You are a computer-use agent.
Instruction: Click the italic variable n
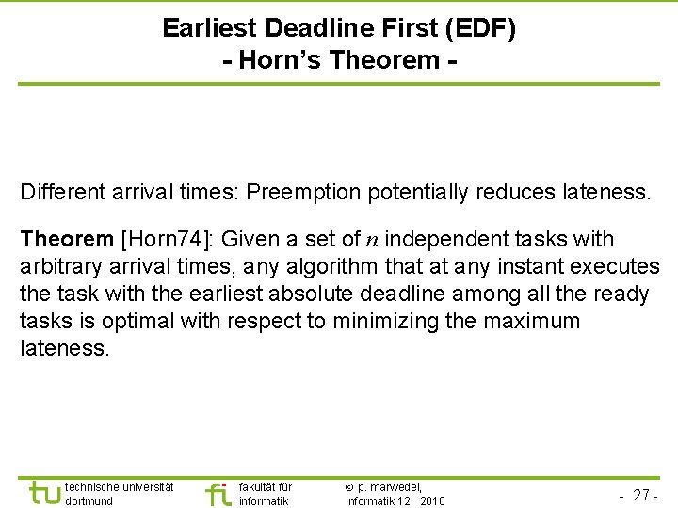coord(372,240)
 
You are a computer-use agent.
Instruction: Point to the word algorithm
coord(317,267)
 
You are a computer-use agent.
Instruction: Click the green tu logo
coord(44,492)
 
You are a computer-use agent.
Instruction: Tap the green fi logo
coord(218,492)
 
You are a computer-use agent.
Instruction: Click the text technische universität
coord(119,487)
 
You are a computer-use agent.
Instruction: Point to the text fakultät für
coord(266,487)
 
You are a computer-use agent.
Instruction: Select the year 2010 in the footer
coord(432,501)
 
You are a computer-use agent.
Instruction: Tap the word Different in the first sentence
coord(63,193)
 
